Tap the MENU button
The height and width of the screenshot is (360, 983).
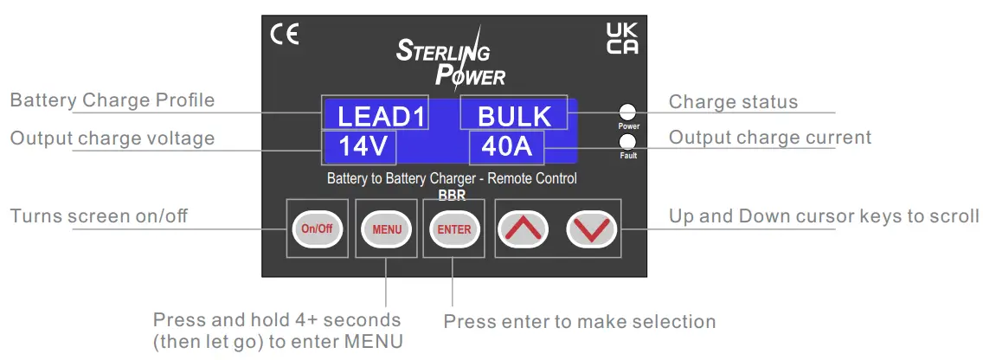387,229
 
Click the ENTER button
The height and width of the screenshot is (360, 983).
453,229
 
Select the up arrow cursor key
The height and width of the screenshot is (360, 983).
522,229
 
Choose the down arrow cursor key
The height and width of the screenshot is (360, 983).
591,229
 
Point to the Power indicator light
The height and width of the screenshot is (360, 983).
629,112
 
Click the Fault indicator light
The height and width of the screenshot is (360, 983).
629,142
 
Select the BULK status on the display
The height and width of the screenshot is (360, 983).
514,116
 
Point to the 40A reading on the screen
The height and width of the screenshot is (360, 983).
506,148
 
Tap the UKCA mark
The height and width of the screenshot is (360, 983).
622,38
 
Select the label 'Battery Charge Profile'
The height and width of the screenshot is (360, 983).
112,100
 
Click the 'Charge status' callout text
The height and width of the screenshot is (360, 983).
733,101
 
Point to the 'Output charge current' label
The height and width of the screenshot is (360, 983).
770,138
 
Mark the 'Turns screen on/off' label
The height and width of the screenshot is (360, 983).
99,215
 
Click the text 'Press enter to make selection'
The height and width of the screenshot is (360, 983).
580,322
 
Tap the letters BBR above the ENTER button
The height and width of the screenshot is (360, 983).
452,196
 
